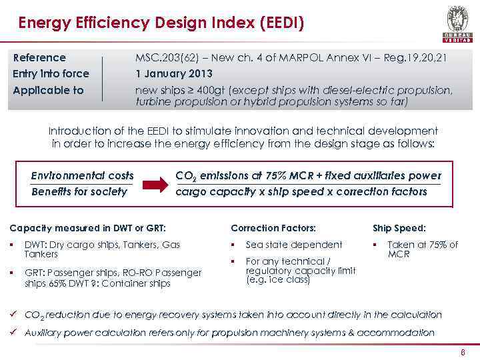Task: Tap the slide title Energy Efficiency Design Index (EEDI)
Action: click(161, 25)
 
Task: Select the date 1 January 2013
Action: click(174, 73)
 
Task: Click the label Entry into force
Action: click(51, 73)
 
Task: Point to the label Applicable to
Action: click(49, 90)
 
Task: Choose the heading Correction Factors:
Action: click(273, 227)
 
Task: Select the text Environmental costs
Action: click(82, 176)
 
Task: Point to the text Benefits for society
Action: click(79, 192)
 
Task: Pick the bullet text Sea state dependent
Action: click(293, 245)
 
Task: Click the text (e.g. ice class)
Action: click(278, 280)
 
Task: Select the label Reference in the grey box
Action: click(39, 58)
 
